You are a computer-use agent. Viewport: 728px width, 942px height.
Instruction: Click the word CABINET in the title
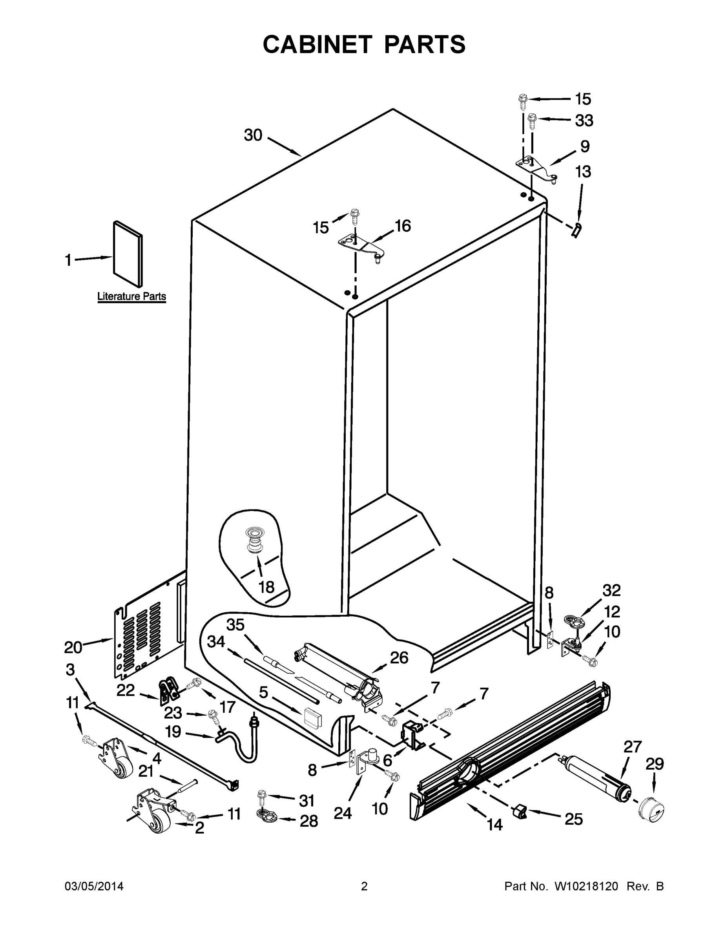[317, 44]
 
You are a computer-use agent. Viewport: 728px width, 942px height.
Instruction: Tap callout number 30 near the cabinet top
[253, 135]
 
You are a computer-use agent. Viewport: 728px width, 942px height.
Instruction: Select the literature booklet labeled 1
[128, 254]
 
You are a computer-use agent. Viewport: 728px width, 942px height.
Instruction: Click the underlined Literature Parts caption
[131, 297]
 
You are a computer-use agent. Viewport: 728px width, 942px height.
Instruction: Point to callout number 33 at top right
[584, 121]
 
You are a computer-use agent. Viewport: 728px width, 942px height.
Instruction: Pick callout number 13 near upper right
[583, 172]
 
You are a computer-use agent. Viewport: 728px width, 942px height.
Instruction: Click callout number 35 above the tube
[235, 624]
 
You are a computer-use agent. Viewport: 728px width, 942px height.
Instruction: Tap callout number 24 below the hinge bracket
[343, 813]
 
